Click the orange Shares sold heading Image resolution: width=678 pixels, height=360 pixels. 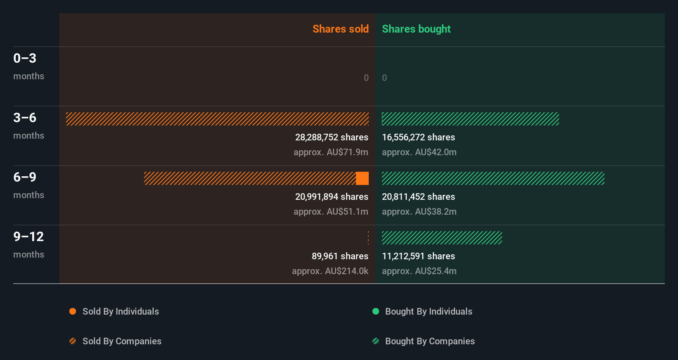(x=340, y=29)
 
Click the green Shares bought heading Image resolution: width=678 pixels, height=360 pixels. (x=416, y=29)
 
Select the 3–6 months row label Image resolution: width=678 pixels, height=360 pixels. (x=28, y=126)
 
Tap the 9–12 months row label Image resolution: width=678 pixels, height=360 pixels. (x=28, y=244)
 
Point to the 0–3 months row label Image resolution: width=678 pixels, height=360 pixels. (x=28, y=66)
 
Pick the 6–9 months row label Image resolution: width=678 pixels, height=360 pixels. (x=28, y=185)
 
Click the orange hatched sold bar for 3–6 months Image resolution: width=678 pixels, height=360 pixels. (x=217, y=119)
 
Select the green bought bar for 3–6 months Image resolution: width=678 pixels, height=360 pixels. (x=470, y=119)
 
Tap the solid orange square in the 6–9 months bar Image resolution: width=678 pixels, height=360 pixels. (x=362, y=178)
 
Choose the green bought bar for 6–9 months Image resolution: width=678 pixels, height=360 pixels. (x=493, y=178)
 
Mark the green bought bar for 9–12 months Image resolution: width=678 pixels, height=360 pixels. (x=442, y=238)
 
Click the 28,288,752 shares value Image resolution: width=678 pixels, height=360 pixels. (x=332, y=137)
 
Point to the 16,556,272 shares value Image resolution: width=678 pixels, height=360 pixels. (x=418, y=137)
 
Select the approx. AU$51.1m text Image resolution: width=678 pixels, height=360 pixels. (x=331, y=212)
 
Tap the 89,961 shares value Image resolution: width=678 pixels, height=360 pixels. (x=340, y=256)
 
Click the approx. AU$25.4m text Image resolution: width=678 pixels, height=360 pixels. (x=419, y=271)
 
